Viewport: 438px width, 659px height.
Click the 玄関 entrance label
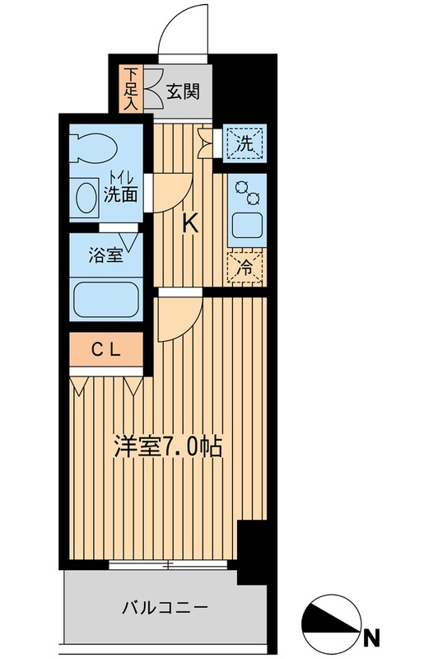tap(181, 91)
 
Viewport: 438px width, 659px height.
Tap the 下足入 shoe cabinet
tap(131, 88)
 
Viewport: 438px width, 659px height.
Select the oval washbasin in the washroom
tap(86, 199)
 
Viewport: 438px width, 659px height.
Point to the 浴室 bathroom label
tap(105, 255)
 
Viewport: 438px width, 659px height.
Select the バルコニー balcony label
tap(165, 610)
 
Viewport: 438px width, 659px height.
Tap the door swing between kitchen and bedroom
tap(179, 317)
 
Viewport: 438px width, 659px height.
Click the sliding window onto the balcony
tap(168, 566)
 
